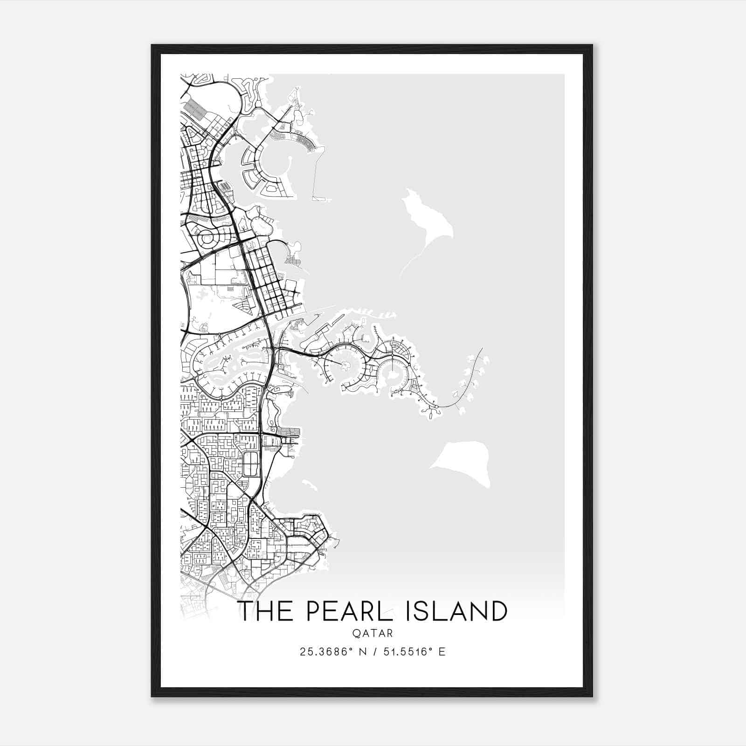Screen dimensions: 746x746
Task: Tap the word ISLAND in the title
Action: tap(456, 611)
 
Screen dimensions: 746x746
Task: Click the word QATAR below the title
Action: tap(373, 634)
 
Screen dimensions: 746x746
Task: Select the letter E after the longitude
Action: tap(442, 652)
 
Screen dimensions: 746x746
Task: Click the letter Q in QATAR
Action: tap(356, 634)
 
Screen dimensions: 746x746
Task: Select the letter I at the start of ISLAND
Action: tap(409, 611)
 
